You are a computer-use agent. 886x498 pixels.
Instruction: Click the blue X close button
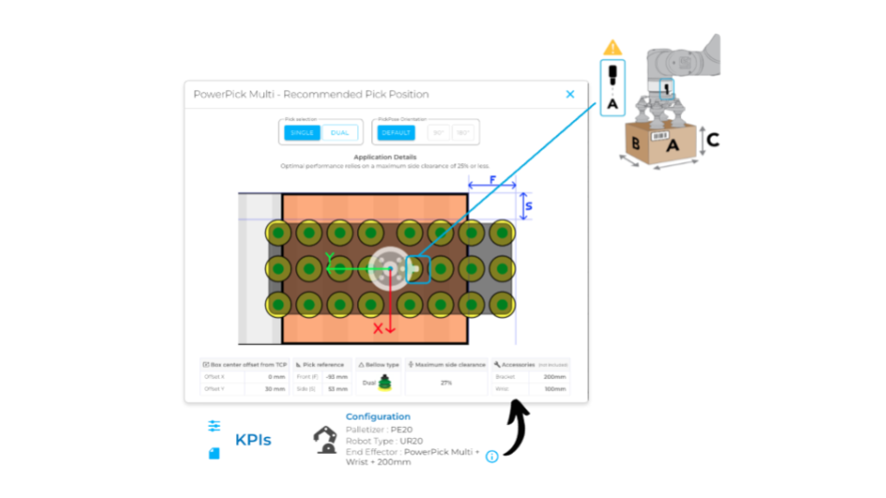coord(570,94)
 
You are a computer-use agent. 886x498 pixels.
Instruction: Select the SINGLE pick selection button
coord(302,133)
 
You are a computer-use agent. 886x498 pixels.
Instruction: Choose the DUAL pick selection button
coord(340,133)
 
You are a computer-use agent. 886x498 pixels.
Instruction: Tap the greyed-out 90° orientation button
coord(438,133)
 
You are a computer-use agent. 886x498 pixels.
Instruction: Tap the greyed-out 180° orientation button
coord(463,133)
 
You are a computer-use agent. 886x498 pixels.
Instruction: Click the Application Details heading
coord(386,158)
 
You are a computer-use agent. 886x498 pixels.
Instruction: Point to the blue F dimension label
coord(492,179)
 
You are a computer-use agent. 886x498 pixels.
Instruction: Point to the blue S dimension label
coord(528,207)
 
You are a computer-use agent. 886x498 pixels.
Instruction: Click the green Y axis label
coord(329,258)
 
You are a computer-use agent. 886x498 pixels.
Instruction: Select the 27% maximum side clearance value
coord(446,382)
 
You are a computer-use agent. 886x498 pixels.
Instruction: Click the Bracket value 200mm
coord(555,376)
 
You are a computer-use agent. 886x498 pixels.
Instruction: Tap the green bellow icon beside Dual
coord(384,382)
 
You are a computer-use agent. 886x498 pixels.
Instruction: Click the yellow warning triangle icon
coord(612,48)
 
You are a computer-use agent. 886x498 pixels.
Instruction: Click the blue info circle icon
coord(492,456)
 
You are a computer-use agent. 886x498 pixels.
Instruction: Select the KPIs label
coord(253,440)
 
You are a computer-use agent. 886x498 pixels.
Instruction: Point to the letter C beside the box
coord(712,140)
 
